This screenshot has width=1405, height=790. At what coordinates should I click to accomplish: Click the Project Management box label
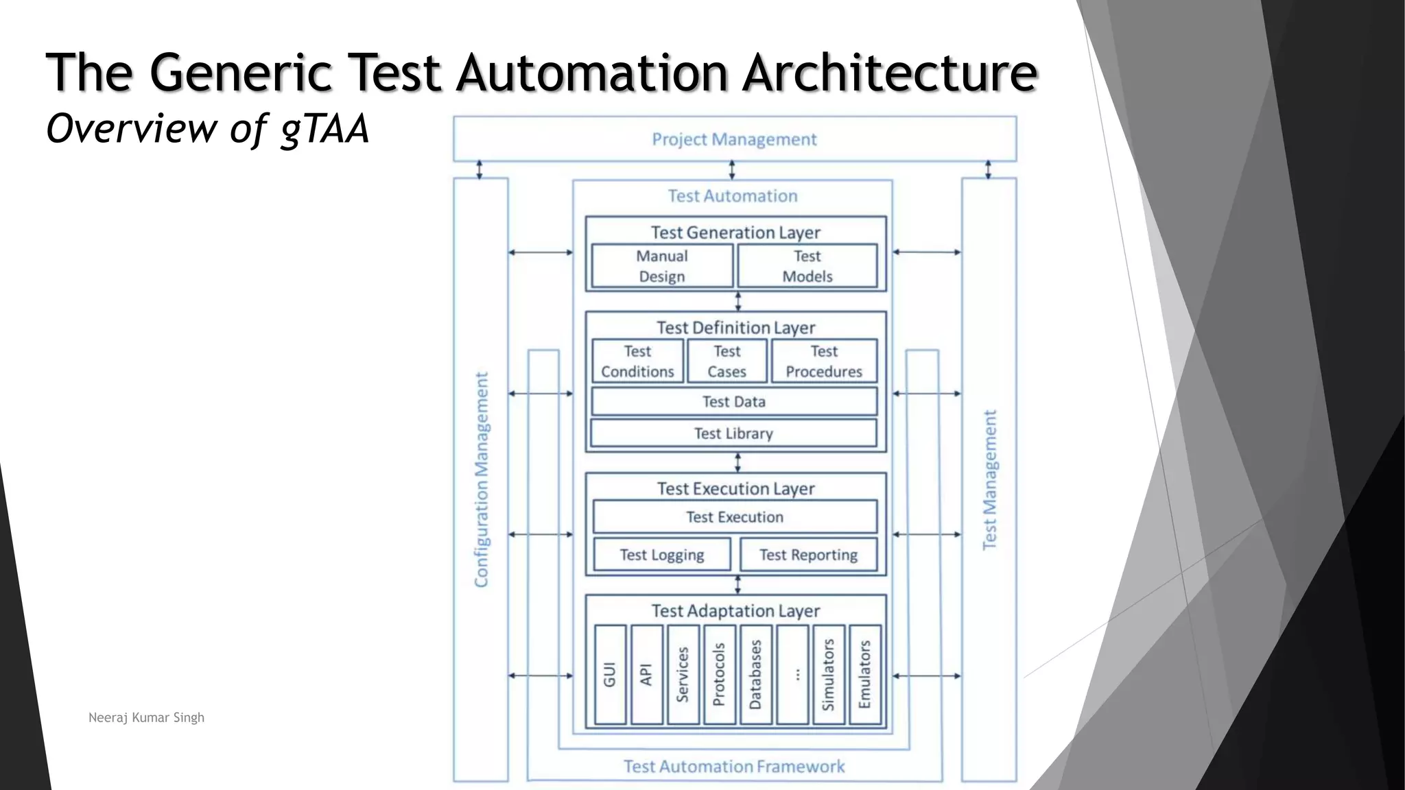[734, 139]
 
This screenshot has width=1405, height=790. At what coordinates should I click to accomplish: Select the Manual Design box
[662, 266]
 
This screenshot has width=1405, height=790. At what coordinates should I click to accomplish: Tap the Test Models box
[807, 266]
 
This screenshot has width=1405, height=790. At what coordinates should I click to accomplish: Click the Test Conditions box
[637, 361]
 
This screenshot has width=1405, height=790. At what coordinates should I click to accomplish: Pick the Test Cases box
[727, 361]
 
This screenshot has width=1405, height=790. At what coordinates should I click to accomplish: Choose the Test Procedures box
[824, 361]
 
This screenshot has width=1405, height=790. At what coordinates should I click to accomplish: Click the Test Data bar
[734, 402]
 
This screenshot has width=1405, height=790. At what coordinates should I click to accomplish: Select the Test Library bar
[734, 433]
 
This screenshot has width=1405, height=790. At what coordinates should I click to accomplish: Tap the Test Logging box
[662, 555]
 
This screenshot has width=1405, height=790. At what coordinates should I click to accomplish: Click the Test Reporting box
[808, 555]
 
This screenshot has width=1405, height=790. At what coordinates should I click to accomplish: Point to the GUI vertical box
[610, 675]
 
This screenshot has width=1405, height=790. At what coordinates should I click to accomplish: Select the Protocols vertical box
[719, 675]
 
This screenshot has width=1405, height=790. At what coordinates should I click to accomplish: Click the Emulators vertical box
[864, 675]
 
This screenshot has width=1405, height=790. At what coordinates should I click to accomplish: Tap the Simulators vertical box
[828, 675]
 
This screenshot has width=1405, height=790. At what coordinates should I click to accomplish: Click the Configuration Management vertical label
[482, 480]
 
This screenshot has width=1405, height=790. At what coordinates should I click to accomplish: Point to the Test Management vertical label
[989, 480]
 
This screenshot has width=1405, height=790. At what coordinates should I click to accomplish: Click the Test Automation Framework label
[734, 767]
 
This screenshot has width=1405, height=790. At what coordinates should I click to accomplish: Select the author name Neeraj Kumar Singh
[146, 717]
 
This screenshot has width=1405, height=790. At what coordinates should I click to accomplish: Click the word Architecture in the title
[890, 72]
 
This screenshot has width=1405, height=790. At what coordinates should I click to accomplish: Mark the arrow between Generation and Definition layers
[738, 302]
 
